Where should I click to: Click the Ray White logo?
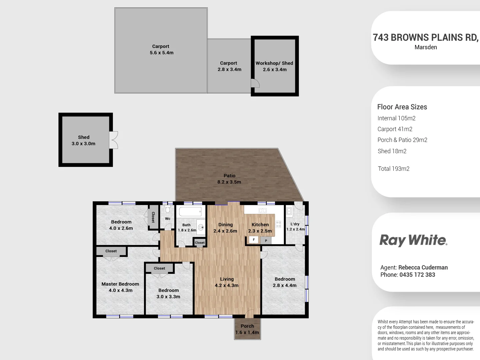click(413, 240)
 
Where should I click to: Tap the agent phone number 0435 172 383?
click(417, 275)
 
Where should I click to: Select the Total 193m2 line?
click(393, 169)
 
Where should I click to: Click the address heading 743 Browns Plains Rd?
click(425, 37)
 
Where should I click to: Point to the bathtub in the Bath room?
click(190, 212)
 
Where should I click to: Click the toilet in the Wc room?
click(168, 209)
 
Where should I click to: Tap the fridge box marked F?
click(254, 240)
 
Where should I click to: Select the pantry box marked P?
click(266, 240)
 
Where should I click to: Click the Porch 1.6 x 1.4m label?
click(247, 329)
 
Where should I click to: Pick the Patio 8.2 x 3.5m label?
click(229, 179)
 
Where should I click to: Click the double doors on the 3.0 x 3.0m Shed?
click(114, 140)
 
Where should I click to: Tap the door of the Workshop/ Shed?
click(255, 83)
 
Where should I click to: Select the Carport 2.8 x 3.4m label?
click(229, 66)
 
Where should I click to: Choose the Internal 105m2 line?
click(396, 118)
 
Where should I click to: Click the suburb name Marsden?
click(426, 47)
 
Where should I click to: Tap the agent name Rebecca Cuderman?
click(423, 267)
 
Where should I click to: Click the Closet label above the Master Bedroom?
click(111, 251)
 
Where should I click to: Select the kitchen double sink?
click(263, 210)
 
